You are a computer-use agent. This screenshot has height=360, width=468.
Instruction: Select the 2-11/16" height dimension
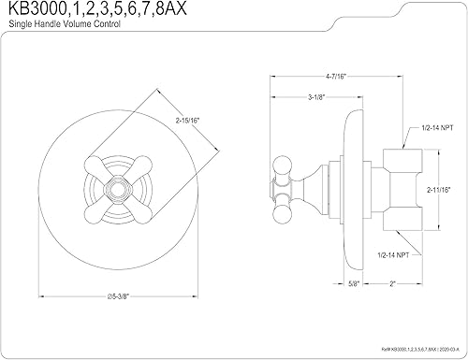click(x=441, y=189)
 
